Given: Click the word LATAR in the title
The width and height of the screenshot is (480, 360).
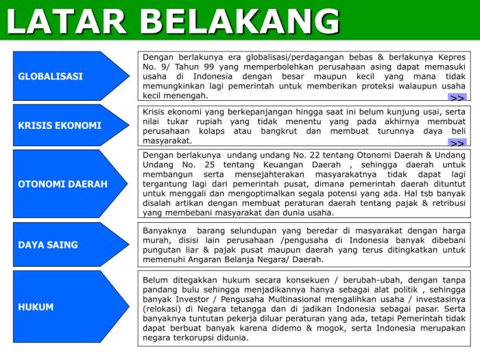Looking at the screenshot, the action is point(66,21).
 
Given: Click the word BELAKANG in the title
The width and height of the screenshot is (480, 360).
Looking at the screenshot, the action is point(240,21).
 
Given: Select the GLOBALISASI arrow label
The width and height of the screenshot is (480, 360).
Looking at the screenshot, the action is point(50,76).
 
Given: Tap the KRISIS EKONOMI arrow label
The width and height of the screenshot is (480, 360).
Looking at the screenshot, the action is point(60,125).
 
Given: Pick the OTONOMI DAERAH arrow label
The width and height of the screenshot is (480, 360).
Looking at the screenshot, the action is point(63,184).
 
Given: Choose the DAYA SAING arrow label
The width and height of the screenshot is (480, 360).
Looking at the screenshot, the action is point(48,245).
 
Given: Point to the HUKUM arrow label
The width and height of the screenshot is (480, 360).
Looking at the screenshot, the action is point(36,307).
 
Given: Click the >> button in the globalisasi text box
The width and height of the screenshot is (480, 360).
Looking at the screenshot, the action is point(457,97).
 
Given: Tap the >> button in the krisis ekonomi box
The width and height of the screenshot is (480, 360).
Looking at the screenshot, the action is point(457,143).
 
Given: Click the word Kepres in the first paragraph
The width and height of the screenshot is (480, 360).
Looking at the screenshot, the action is point(452,57).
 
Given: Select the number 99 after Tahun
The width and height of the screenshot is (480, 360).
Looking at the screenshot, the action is point(208,67).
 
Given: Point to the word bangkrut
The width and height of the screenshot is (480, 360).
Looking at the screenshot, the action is point(279,132).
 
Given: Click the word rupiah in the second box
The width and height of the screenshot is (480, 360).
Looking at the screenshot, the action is point(209,122).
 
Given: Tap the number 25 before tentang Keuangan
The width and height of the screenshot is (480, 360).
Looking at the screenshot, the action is point(209,165).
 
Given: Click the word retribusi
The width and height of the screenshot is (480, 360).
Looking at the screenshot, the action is point(449,203).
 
